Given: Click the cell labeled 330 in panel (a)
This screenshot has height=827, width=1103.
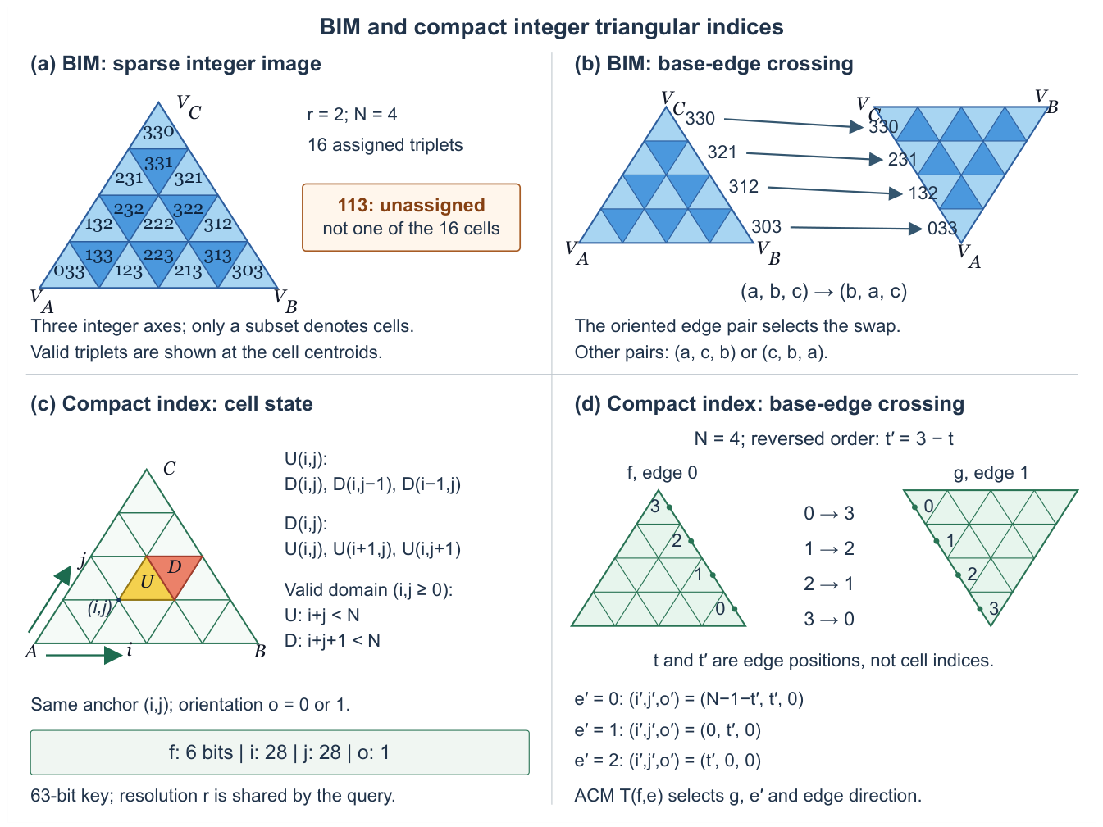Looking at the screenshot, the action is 158,130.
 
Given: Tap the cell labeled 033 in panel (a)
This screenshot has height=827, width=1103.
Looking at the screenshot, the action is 70,271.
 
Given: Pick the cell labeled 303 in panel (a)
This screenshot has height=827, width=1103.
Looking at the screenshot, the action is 248,271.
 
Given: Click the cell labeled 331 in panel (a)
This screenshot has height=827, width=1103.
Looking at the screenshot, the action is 158,165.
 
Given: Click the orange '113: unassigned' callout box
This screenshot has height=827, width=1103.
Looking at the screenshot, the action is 411,217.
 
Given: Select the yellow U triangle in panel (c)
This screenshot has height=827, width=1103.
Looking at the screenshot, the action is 147,585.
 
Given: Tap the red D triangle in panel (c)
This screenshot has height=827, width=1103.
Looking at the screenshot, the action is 175,571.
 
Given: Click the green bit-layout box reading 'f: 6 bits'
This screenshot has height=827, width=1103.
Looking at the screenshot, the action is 280,752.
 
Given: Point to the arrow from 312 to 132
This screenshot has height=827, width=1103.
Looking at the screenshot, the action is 835,190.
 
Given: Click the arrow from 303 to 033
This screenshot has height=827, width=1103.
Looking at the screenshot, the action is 856,228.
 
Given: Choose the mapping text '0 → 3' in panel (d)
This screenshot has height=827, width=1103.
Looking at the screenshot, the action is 828,513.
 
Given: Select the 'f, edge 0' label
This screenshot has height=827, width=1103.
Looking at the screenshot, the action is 662,473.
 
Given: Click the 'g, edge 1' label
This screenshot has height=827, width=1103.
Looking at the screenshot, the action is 991,473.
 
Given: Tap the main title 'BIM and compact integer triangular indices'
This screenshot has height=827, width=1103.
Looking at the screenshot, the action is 551,27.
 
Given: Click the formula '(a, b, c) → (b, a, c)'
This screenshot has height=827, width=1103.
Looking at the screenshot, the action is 823,291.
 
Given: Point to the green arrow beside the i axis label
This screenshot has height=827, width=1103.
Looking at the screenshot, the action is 84,655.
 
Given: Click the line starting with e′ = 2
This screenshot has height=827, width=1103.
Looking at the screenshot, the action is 668,761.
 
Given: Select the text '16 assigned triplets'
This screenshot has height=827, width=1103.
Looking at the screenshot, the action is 385,145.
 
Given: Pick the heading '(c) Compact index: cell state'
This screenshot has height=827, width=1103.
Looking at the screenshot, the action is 171,404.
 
